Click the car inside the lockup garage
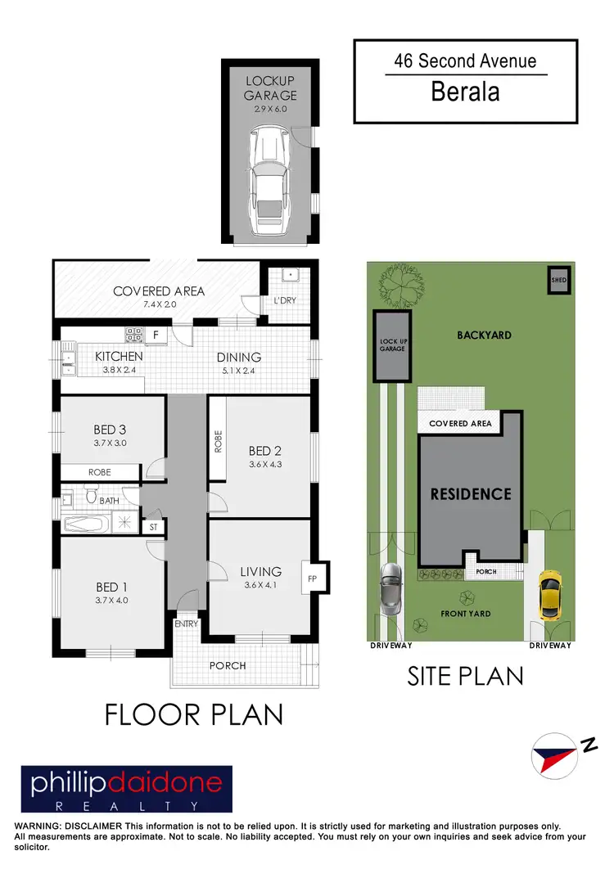pos(269,177)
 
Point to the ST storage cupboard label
pos(153,528)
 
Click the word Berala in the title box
pos(465,92)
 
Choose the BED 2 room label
pos(266,450)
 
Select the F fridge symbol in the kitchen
pos(156,335)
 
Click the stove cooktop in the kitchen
pos(133,335)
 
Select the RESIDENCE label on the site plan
pos(471,494)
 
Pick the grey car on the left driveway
pos(390,589)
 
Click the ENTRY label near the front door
pos(185,624)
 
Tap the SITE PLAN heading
pos(465,676)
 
